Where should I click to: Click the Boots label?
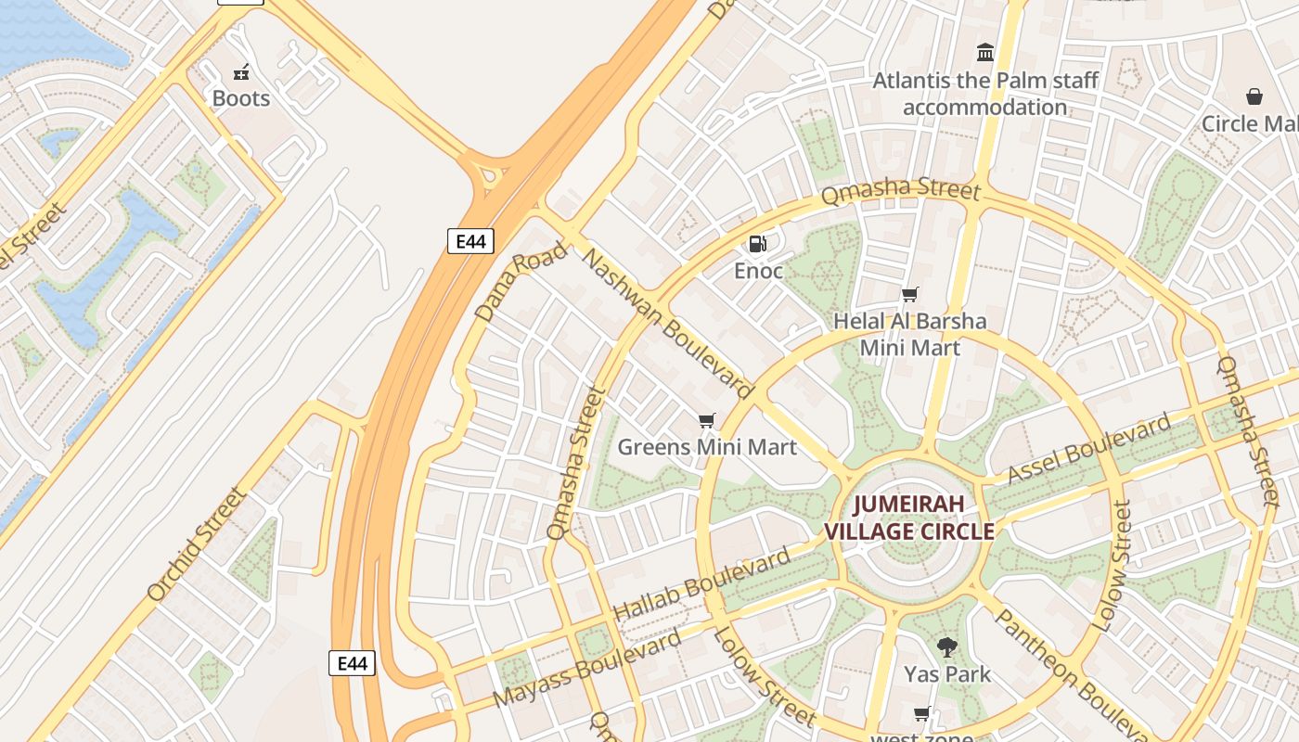(241, 98)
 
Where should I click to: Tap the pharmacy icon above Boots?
(241, 71)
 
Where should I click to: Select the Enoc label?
(759, 271)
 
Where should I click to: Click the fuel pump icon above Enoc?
(757, 244)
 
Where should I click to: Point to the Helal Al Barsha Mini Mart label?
(909, 334)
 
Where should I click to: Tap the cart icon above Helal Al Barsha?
(910, 294)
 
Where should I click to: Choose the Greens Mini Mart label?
(707, 447)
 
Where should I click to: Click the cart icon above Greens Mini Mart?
(707, 420)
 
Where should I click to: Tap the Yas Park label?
(947, 674)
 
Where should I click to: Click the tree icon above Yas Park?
(947, 646)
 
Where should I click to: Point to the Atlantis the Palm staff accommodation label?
(985, 94)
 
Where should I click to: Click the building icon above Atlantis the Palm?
(985, 52)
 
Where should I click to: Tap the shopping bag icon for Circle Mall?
(1254, 96)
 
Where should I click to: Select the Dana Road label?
(521, 281)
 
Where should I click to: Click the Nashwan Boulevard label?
(666, 322)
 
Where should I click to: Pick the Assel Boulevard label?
(1089, 450)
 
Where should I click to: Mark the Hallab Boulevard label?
(702, 584)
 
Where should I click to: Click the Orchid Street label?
(197, 544)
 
